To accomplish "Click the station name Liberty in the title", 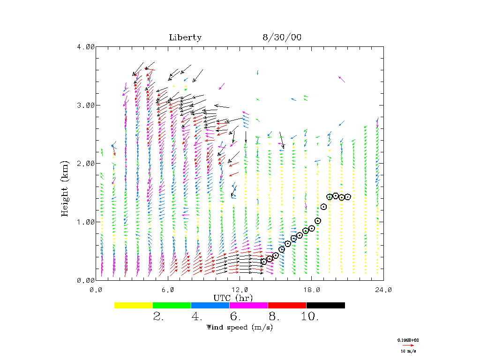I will pyautogui.click(x=185, y=37).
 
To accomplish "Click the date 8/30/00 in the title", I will pyautogui.click(x=282, y=37).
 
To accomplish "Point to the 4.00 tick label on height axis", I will pyautogui.click(x=86, y=46).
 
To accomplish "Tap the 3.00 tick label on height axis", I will pyautogui.click(x=86, y=105).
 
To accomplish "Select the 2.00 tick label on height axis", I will pyautogui.click(x=86, y=163).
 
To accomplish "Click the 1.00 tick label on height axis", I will pyautogui.click(x=86, y=222).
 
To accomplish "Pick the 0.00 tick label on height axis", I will pyautogui.click(x=86, y=280).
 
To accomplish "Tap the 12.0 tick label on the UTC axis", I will pyautogui.click(x=240, y=290).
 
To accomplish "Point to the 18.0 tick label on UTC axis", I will pyautogui.click(x=312, y=290).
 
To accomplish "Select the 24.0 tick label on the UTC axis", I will pyautogui.click(x=383, y=290).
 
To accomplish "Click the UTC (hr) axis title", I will pyautogui.click(x=233, y=298).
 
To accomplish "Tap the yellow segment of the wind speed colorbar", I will pyautogui.click(x=134, y=305).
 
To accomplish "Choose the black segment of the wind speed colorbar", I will pyautogui.click(x=325, y=305).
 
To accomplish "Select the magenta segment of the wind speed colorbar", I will pyautogui.click(x=248, y=305).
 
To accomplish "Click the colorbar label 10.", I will pyautogui.click(x=310, y=317).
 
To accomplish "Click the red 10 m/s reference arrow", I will pyautogui.click(x=406, y=345).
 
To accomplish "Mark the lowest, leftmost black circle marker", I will pyautogui.click(x=264, y=262).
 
